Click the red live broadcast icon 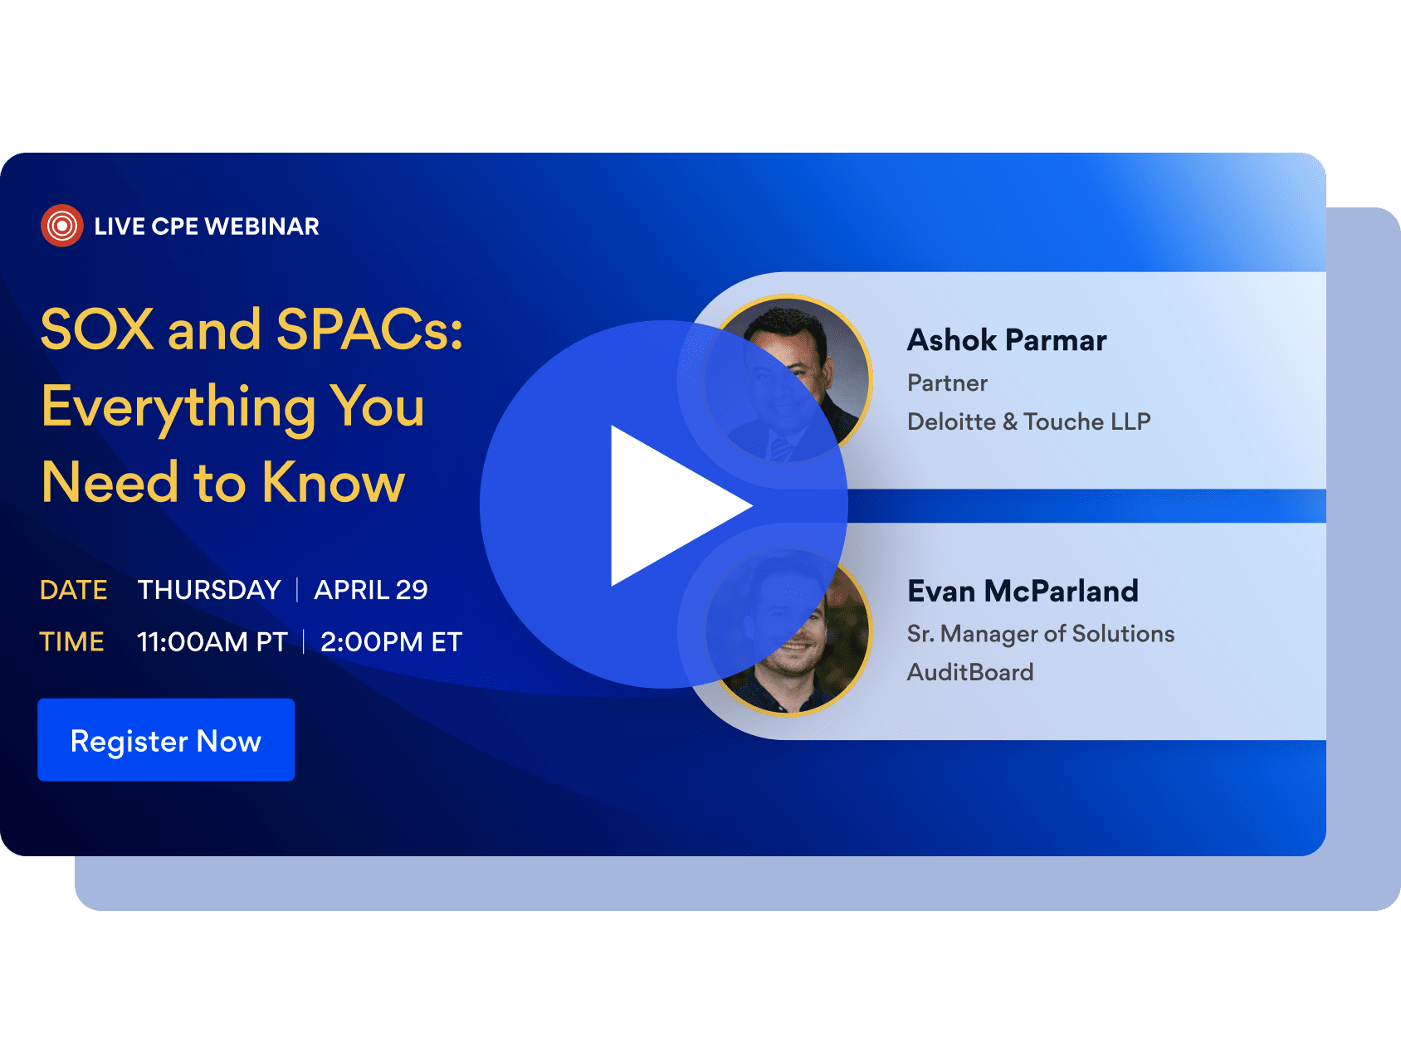[x=61, y=226]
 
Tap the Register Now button [x=166, y=740]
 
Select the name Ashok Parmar [x=1007, y=340]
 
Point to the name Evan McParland [x=1023, y=592]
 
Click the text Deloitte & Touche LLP [x=1029, y=421]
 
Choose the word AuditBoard [x=970, y=672]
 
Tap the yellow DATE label [x=74, y=590]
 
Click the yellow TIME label [x=72, y=642]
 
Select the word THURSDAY [x=209, y=590]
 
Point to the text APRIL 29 [x=371, y=590]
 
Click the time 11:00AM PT [x=212, y=642]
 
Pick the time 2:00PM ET [x=391, y=642]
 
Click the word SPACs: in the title [x=369, y=329]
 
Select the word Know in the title [x=334, y=482]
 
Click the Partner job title [x=948, y=383]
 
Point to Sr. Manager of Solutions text [x=1041, y=634]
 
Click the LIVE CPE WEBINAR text [x=207, y=227]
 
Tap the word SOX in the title [x=97, y=329]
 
